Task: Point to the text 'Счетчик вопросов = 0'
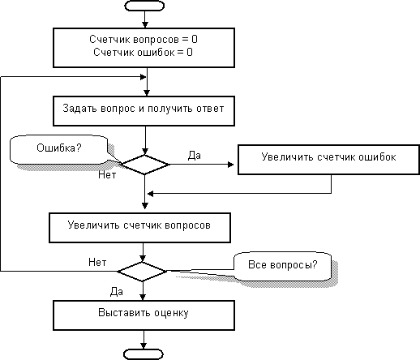click(144, 40)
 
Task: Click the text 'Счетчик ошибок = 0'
click(143, 52)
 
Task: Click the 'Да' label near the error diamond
click(195, 156)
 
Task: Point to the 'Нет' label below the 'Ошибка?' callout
click(107, 175)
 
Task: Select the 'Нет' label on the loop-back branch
click(97, 262)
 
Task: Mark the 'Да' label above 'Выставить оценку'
click(117, 292)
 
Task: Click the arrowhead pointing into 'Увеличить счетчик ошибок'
click(231, 165)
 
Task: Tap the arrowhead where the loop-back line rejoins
click(144, 77)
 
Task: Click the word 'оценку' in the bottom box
click(171, 313)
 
